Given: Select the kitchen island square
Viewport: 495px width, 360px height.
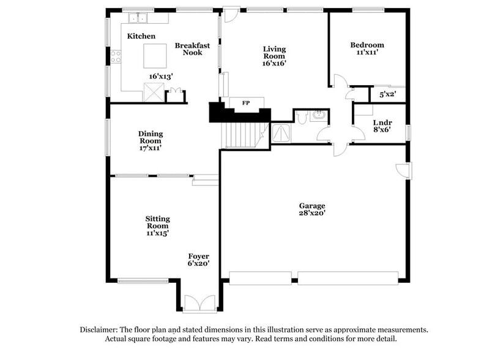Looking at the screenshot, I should [154, 56].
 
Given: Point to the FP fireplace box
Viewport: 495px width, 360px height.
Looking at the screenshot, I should [246, 102].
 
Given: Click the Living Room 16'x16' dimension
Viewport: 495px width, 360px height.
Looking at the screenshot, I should [274, 63].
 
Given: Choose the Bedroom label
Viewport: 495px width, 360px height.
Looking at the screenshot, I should [367, 45].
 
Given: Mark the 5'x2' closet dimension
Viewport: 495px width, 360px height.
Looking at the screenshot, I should [388, 94].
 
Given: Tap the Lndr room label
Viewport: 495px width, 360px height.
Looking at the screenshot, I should [382, 122].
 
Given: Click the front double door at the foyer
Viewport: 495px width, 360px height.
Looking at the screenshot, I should [199, 304].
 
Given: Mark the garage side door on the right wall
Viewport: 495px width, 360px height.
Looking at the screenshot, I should [405, 170].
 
